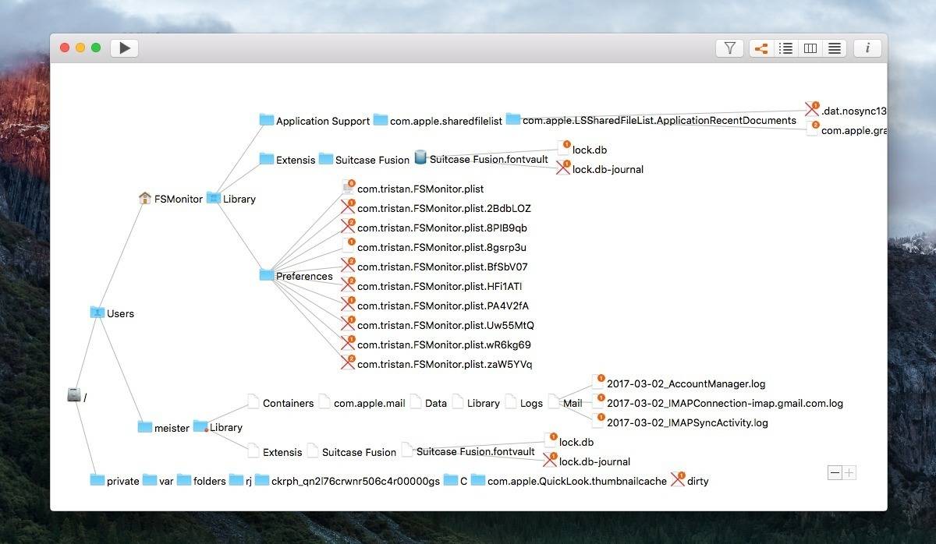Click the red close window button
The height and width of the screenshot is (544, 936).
(x=64, y=48)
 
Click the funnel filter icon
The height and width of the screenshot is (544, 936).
(x=729, y=48)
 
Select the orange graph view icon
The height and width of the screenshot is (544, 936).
(x=761, y=48)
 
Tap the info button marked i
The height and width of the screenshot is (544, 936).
(x=867, y=48)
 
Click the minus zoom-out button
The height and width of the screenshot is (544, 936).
(x=835, y=472)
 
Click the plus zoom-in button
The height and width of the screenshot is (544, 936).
(x=849, y=472)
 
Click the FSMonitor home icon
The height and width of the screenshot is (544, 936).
(x=144, y=198)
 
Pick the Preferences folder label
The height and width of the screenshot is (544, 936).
(x=304, y=276)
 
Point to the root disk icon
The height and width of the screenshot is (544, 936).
(x=74, y=394)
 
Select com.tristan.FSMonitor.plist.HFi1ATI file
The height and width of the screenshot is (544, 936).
(x=440, y=286)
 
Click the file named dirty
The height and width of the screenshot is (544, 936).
(x=698, y=481)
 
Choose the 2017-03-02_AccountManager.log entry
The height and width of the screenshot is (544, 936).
(x=686, y=383)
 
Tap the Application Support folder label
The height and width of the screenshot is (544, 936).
(x=323, y=121)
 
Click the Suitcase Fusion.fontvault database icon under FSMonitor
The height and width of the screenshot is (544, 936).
(x=420, y=157)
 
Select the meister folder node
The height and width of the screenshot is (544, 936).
(x=172, y=428)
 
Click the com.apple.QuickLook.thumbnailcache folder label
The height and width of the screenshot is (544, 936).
(x=577, y=481)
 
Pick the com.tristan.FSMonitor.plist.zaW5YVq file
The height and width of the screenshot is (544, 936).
(x=445, y=365)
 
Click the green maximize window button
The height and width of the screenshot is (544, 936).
(x=96, y=48)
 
